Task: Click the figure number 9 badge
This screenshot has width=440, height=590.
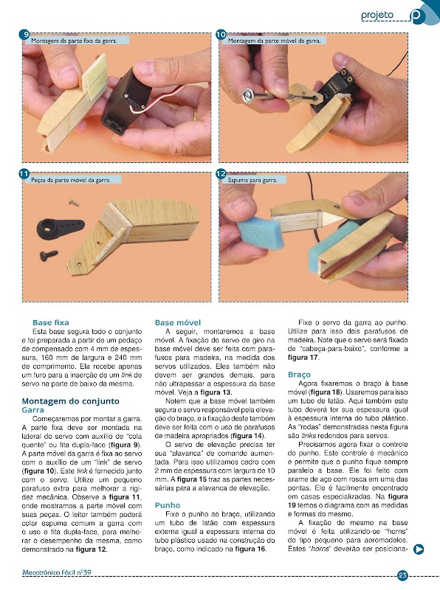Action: [x=25, y=35]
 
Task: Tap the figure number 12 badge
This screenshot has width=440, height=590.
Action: [x=221, y=174]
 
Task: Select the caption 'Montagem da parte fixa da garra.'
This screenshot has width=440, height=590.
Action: [x=74, y=41]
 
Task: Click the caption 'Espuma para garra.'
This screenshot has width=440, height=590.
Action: [x=252, y=180]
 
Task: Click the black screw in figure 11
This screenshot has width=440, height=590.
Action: [x=49, y=255]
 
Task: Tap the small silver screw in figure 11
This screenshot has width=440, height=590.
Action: [x=74, y=202]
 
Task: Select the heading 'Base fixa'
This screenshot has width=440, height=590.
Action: [x=51, y=322]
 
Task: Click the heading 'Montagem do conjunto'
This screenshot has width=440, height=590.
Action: [x=70, y=401]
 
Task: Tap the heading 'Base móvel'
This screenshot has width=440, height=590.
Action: [x=178, y=322]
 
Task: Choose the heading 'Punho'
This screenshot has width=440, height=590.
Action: [x=168, y=505]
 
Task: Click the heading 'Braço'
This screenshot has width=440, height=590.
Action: [x=300, y=375]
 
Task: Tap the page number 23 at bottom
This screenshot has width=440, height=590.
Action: [x=402, y=575]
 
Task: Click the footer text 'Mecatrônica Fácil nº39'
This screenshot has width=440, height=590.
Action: [x=57, y=573]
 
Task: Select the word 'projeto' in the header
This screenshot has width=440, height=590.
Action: [x=377, y=15]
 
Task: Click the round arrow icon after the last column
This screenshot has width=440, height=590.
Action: [x=419, y=549]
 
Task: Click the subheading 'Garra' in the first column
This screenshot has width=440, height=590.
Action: [x=33, y=410]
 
